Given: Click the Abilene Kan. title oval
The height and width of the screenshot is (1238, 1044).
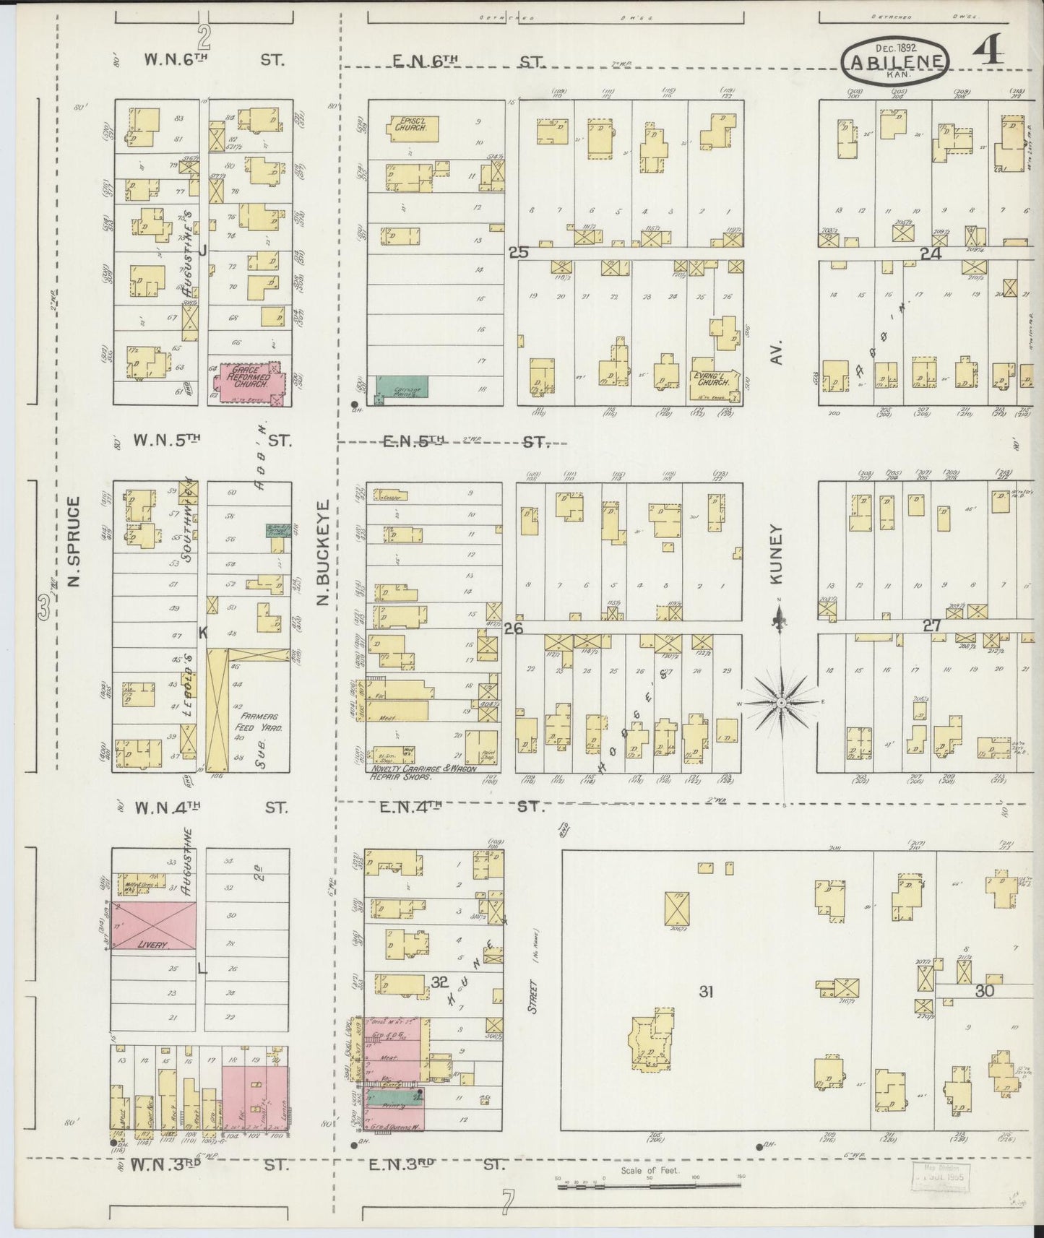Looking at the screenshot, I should click(x=895, y=62).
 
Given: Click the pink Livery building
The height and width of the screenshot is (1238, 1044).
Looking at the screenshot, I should click(x=153, y=927).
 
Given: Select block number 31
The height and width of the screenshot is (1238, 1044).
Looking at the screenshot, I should click(x=705, y=992).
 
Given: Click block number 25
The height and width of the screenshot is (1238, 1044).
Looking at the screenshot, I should click(x=519, y=252).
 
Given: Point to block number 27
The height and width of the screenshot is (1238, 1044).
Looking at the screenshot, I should click(x=931, y=626).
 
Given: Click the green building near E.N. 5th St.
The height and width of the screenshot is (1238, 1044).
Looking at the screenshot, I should click(x=401, y=387).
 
